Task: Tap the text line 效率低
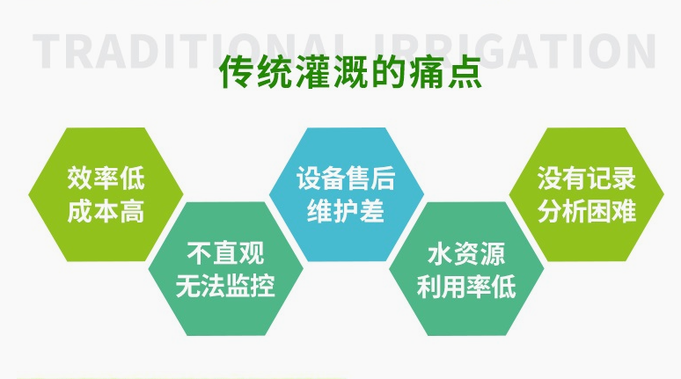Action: pyautogui.click(x=106, y=181)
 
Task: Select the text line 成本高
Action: pyautogui.click(x=106, y=213)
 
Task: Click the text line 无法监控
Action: pyautogui.click(x=225, y=287)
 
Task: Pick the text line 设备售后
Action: pyautogui.click(x=346, y=181)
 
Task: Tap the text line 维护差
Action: pyautogui.click(x=346, y=212)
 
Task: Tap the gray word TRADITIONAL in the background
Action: pyautogui.click(x=176, y=51)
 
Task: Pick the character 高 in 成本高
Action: pyautogui.click(x=132, y=213)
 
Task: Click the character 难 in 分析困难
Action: pyautogui.click(x=625, y=212)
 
